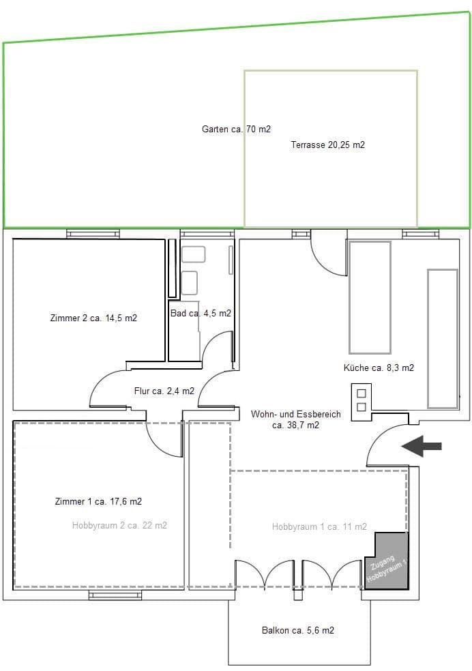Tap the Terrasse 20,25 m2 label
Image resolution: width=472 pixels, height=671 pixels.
[327, 145]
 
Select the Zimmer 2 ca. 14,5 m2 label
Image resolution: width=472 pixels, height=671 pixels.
[93, 318]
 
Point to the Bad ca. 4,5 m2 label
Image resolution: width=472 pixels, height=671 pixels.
[201, 314]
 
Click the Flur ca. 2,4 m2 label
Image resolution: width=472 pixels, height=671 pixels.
[164, 391]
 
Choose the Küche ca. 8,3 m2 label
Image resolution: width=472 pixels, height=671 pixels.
[379, 368]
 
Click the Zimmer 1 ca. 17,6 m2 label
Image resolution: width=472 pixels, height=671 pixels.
[98, 501]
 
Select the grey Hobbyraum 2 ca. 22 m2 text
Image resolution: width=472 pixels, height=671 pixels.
[119, 525]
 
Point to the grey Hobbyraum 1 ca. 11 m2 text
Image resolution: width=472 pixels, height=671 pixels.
[319, 526]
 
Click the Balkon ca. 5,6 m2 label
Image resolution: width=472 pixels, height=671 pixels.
[297, 631]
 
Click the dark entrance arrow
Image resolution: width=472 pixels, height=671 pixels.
[421, 446]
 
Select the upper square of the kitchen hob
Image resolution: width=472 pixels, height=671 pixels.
[361, 393]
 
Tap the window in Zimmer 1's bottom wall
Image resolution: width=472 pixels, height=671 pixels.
[110, 595]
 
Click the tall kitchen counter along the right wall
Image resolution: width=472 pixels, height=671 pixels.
[442, 338]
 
